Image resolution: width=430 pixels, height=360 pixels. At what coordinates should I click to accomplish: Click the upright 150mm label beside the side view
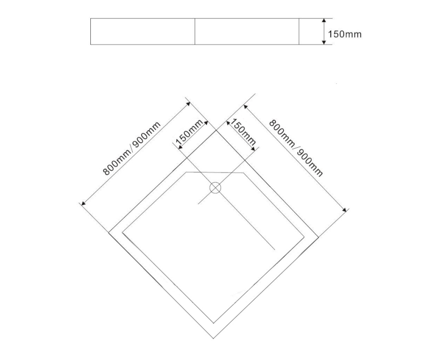pyautogui.click(x=345, y=34)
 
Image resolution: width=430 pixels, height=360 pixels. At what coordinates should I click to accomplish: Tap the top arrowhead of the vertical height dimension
pyautogui.click(x=324, y=21)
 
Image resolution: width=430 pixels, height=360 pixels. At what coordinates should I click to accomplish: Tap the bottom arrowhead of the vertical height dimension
pyautogui.click(x=324, y=42)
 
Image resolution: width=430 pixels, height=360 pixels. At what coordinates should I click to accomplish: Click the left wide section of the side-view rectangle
pyautogui.click(x=142, y=31)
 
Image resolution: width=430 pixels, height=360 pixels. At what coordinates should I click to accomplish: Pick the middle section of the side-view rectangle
pyautogui.click(x=247, y=31)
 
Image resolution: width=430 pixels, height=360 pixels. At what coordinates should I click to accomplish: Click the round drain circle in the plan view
pyautogui.click(x=215, y=188)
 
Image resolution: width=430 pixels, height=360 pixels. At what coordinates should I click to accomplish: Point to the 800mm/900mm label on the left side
pyautogui.click(x=132, y=149)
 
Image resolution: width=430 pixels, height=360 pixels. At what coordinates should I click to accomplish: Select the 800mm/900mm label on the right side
pyautogui.click(x=296, y=148)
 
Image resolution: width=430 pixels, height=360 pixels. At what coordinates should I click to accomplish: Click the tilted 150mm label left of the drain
pyautogui.click(x=189, y=133)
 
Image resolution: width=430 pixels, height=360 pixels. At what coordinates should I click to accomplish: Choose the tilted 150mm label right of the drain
pyautogui.click(x=242, y=134)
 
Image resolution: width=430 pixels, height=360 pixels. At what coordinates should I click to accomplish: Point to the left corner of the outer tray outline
pyautogui.click(x=109, y=233)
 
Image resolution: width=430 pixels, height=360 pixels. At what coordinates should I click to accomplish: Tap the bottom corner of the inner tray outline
pyautogui.click(x=214, y=323)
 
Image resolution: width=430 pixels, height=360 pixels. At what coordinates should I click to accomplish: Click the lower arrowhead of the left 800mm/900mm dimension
pyautogui.click(x=82, y=204)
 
